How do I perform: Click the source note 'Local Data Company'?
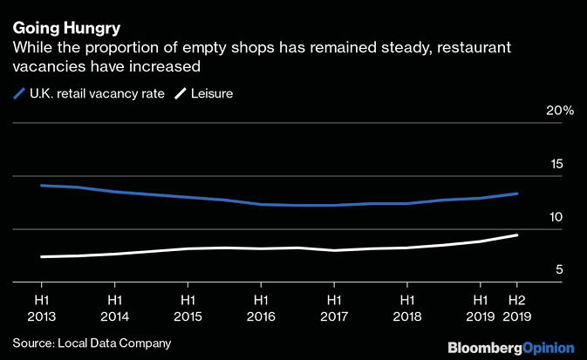click(114, 343)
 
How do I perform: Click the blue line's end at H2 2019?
click(517, 194)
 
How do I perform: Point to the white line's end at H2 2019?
click(517, 235)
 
